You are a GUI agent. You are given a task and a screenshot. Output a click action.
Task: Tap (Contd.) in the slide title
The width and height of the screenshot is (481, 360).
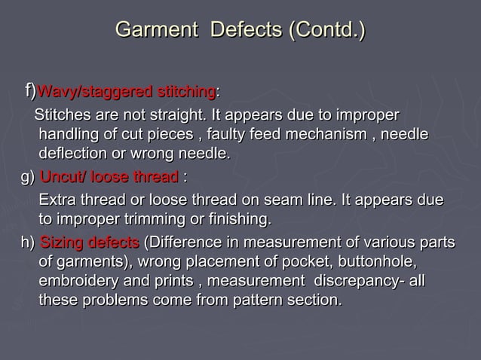[x=323, y=31]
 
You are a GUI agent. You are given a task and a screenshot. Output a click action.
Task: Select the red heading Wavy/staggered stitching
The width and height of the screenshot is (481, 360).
[x=126, y=93]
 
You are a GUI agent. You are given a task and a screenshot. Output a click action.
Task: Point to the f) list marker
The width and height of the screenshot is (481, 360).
[x=29, y=92]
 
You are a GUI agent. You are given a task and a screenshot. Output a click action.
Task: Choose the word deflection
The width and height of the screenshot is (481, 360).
[x=75, y=154]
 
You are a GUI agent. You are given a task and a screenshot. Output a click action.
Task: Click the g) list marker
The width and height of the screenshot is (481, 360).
[x=26, y=178]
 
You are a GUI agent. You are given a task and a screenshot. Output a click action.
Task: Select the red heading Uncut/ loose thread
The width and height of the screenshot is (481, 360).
[x=109, y=178]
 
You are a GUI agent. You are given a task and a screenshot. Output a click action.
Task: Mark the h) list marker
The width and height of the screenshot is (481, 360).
[x=27, y=243]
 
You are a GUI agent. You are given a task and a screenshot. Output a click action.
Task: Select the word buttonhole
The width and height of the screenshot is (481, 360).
[x=377, y=262]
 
